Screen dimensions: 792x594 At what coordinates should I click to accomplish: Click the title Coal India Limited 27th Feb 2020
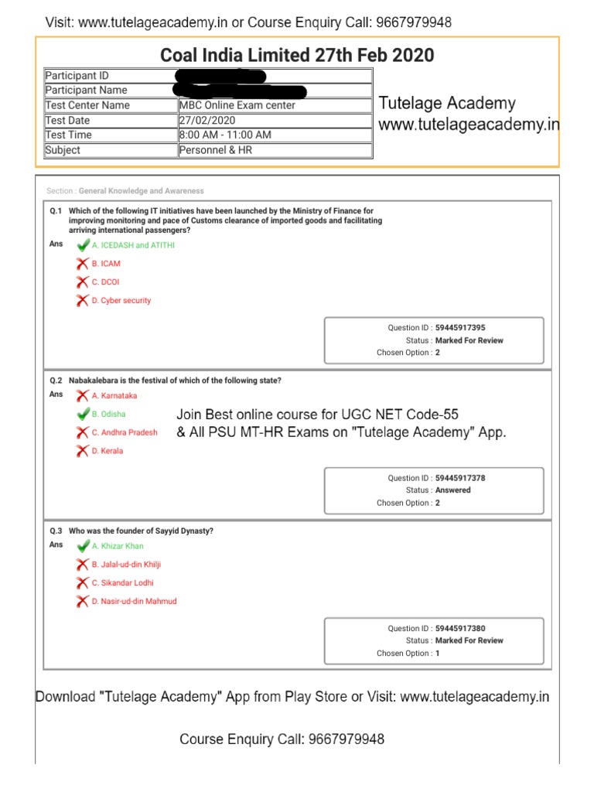[x=297, y=56]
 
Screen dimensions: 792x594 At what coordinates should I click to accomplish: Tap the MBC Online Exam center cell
[x=237, y=105]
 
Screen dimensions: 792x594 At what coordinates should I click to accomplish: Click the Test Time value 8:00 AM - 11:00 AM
[x=225, y=135]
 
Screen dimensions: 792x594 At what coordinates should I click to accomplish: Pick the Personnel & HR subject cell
[x=215, y=150]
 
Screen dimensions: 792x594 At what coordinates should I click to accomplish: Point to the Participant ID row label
[x=77, y=76]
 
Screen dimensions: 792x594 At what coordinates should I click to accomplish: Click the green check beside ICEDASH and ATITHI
[x=83, y=245]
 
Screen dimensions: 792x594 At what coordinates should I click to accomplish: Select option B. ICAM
[x=106, y=264]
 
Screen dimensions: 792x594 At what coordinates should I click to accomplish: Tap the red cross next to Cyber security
[x=82, y=301]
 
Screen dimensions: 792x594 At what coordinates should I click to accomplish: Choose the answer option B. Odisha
[x=108, y=415]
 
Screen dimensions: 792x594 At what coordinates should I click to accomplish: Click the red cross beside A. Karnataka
[x=82, y=396]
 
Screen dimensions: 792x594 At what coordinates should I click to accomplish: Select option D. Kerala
[x=108, y=451]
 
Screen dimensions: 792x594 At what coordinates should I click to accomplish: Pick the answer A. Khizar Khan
[x=118, y=546]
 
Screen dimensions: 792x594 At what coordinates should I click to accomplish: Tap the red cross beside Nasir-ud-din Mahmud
[x=82, y=601]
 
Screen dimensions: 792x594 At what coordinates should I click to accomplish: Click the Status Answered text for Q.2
[x=452, y=490]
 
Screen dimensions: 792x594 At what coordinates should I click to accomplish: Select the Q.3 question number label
[x=56, y=531]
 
